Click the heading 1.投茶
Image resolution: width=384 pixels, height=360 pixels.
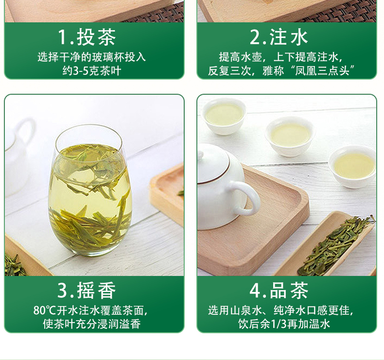point(87,37)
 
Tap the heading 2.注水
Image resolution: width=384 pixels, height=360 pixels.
point(279,37)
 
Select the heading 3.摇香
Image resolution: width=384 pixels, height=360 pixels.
point(87,290)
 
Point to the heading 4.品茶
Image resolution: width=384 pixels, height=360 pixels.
point(279,290)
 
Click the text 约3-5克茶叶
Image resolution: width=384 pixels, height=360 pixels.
point(92,71)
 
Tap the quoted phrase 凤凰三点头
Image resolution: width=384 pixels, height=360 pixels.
point(322,71)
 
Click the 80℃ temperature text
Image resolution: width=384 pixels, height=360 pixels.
point(45,310)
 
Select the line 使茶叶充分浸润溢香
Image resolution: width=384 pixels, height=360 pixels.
point(92,324)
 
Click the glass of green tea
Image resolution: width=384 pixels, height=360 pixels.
point(90,191)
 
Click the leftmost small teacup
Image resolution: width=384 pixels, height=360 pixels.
point(224,116)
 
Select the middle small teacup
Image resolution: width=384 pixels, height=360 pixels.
point(290,137)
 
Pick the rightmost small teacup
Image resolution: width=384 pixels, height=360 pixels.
point(353,167)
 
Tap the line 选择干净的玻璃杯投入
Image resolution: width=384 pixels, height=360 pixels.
point(91,57)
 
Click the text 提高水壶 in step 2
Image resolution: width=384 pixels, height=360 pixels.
point(241,57)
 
